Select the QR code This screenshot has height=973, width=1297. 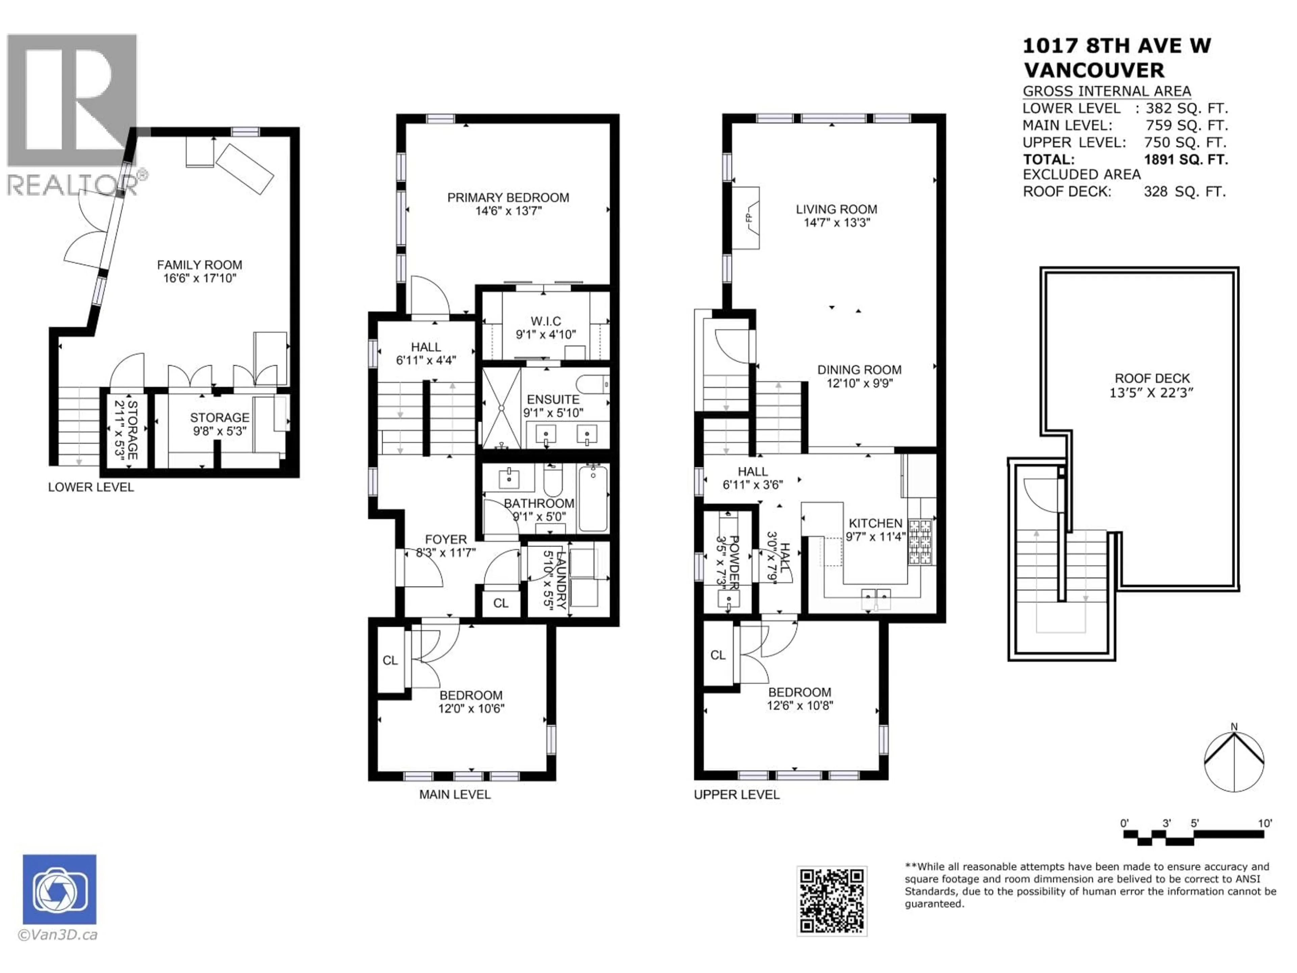832,901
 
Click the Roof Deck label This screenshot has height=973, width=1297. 1152,379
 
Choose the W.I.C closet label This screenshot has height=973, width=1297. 545,321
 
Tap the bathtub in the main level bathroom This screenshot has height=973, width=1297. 593,498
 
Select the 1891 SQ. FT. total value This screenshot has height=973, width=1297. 1186,159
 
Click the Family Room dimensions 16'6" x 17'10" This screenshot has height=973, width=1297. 199,278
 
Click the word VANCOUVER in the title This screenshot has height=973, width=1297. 1094,70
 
